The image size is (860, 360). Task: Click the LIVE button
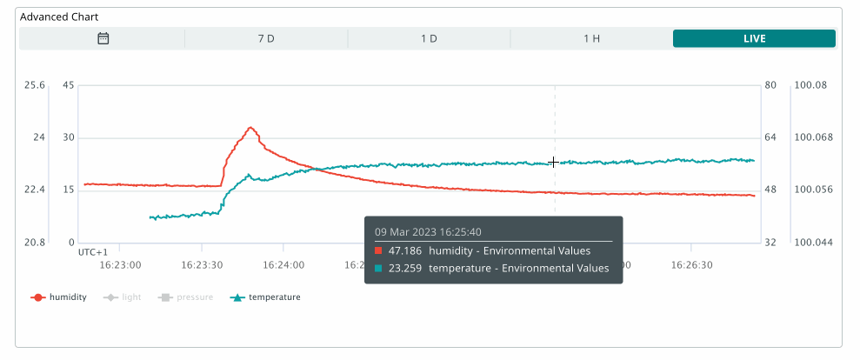[x=754, y=38]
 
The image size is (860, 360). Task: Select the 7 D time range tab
[x=266, y=38]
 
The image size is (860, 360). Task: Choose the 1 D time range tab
[x=429, y=38]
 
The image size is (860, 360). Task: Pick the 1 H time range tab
[x=591, y=38]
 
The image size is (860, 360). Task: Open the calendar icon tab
[x=103, y=38]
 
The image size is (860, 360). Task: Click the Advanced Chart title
[x=59, y=17]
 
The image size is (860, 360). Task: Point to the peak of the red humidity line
[x=250, y=128]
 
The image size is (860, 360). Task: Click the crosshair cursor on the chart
[x=554, y=163]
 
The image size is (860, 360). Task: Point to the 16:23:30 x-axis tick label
[x=201, y=261]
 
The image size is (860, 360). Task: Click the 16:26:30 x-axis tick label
[x=692, y=261]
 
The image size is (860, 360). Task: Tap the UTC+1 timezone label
[x=93, y=251]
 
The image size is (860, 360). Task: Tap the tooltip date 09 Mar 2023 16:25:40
[x=428, y=232]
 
